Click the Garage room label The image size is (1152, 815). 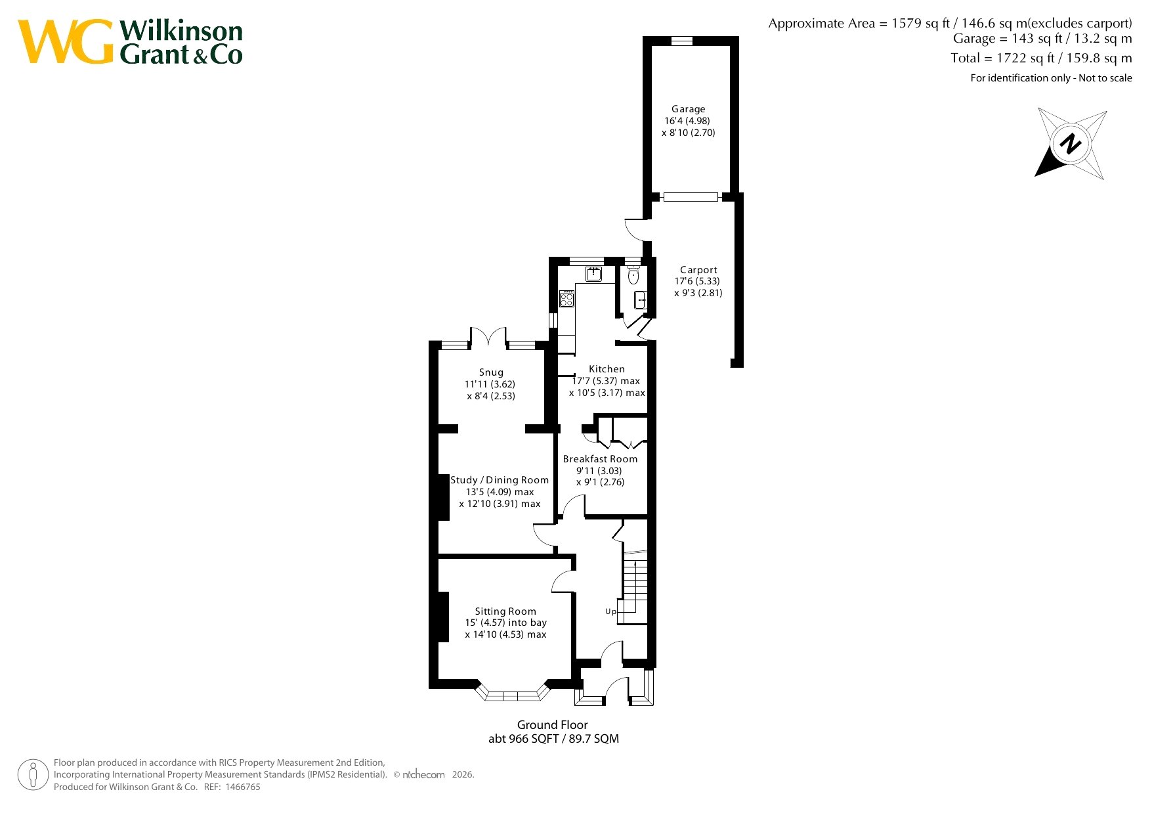pos(688,109)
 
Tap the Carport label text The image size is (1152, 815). pos(698,270)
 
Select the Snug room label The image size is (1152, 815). pos(491,372)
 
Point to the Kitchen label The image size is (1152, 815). pos(607,369)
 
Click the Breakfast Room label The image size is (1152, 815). pos(600,459)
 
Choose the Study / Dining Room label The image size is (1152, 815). pos(500,480)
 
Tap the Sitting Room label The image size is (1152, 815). pos(505,611)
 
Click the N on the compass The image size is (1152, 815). pos(1071,144)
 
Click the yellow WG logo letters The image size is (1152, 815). pos(66,41)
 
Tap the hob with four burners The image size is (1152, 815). pos(566,299)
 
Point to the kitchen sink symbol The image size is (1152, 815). pos(594,274)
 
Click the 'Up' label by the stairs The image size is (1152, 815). pos(610,611)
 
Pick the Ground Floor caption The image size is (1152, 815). pos(552,725)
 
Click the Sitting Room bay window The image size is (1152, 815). pos(513,693)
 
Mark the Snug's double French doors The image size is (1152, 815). pos(488,337)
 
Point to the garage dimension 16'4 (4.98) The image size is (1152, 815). pos(687,121)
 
